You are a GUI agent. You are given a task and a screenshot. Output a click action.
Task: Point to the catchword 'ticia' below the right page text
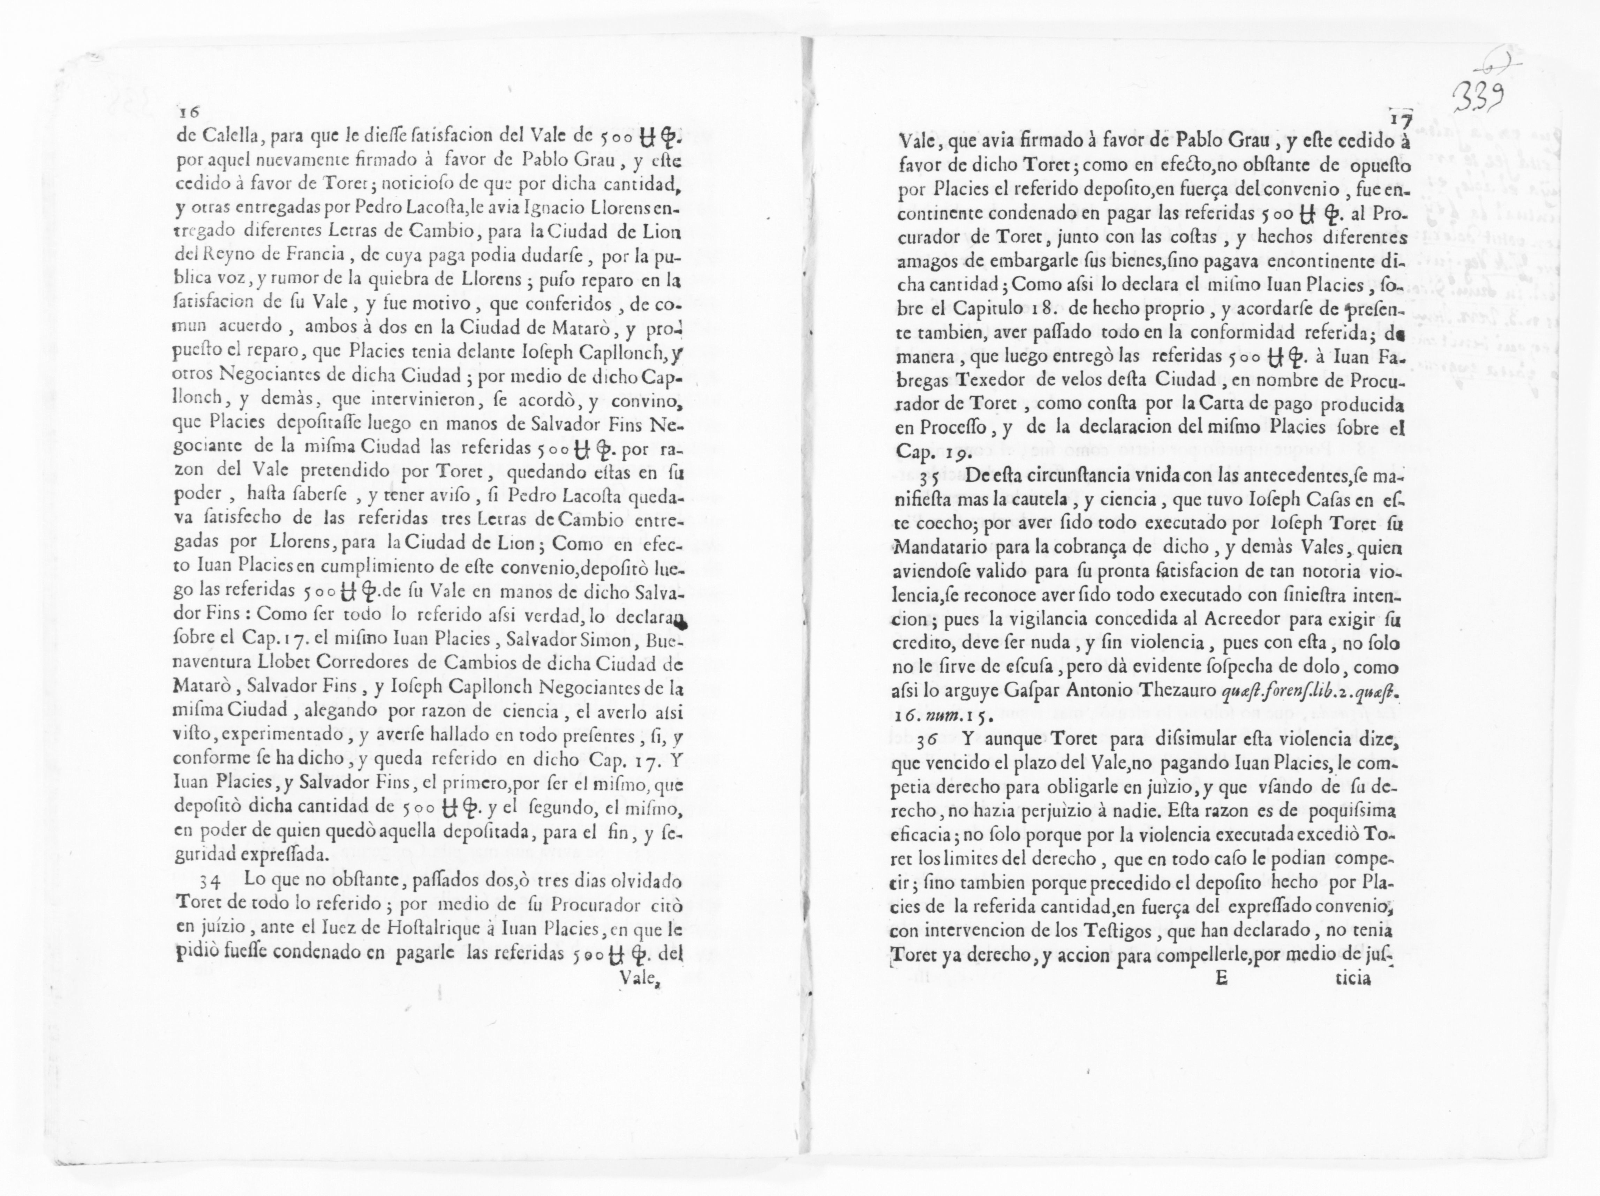coord(1351,978)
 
